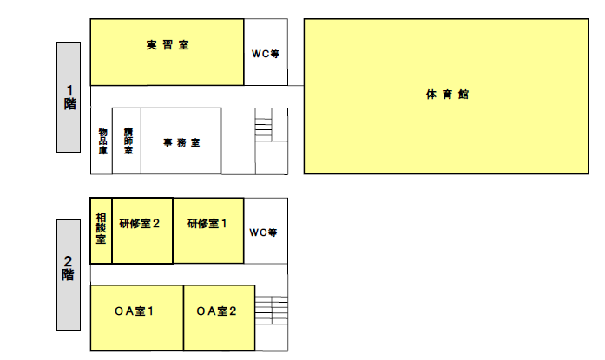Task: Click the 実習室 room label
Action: (168, 46)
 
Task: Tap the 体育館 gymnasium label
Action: (448, 95)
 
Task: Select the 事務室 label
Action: (182, 142)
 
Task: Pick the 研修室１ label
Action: (207, 223)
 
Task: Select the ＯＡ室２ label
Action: (217, 311)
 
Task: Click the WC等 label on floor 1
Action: (265, 53)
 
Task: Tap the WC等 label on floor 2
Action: (263, 232)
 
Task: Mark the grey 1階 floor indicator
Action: (69, 96)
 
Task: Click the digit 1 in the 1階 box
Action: (69, 88)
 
